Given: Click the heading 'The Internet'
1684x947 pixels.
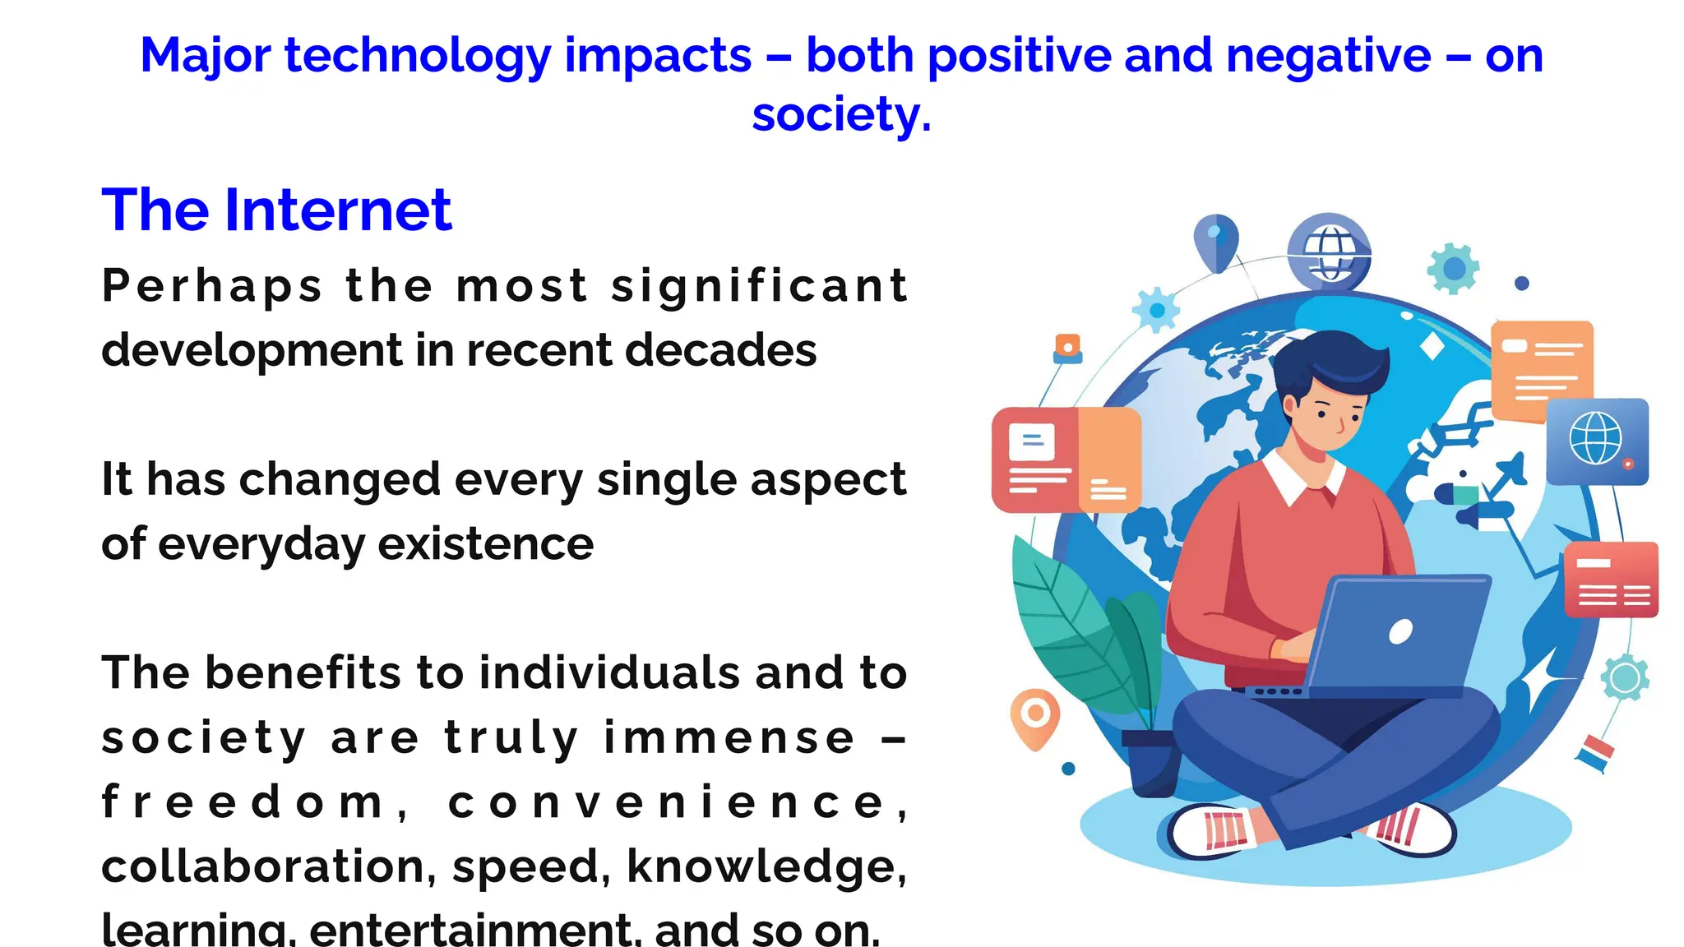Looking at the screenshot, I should [276, 210].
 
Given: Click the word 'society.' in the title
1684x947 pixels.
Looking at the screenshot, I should [841, 113].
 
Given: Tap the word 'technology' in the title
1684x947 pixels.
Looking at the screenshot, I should [418, 56].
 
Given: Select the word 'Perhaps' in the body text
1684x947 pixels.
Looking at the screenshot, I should [212, 286].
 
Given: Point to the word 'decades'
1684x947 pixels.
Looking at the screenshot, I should [720, 350].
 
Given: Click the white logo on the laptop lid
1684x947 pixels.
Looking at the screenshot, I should [1400, 631].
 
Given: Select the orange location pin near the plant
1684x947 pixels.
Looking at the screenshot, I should [1035, 716].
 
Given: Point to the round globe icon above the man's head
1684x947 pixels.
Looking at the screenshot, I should [1329, 251].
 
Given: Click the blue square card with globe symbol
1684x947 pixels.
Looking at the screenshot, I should [1597, 441].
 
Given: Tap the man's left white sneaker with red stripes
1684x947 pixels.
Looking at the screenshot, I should [1215, 830].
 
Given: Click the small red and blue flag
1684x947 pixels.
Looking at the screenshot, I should [1595, 753].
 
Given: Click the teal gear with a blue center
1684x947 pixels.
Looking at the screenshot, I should [1454, 268].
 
